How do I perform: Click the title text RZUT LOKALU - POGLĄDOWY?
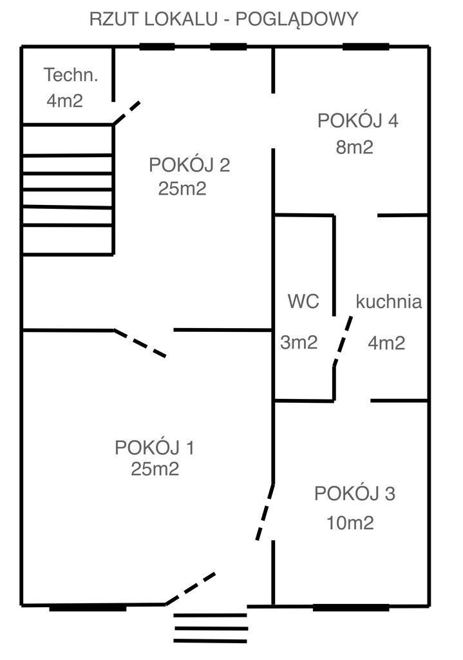223,19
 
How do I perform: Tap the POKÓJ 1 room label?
155,447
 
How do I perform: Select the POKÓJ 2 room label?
189,166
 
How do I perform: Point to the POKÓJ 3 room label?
355,494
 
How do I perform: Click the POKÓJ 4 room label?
358,121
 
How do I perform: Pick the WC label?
303,302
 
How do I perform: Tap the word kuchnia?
389,302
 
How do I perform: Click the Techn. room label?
71,75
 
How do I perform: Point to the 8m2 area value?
354,148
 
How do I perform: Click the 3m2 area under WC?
299,343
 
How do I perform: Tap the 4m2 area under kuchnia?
386,343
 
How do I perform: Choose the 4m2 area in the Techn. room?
64,101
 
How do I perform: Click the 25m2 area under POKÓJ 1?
155,470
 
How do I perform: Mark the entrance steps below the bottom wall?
211,624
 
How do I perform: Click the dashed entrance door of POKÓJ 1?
191,588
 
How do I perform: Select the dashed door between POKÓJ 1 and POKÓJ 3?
265,512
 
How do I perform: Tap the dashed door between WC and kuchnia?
343,340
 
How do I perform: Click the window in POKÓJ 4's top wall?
365,46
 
